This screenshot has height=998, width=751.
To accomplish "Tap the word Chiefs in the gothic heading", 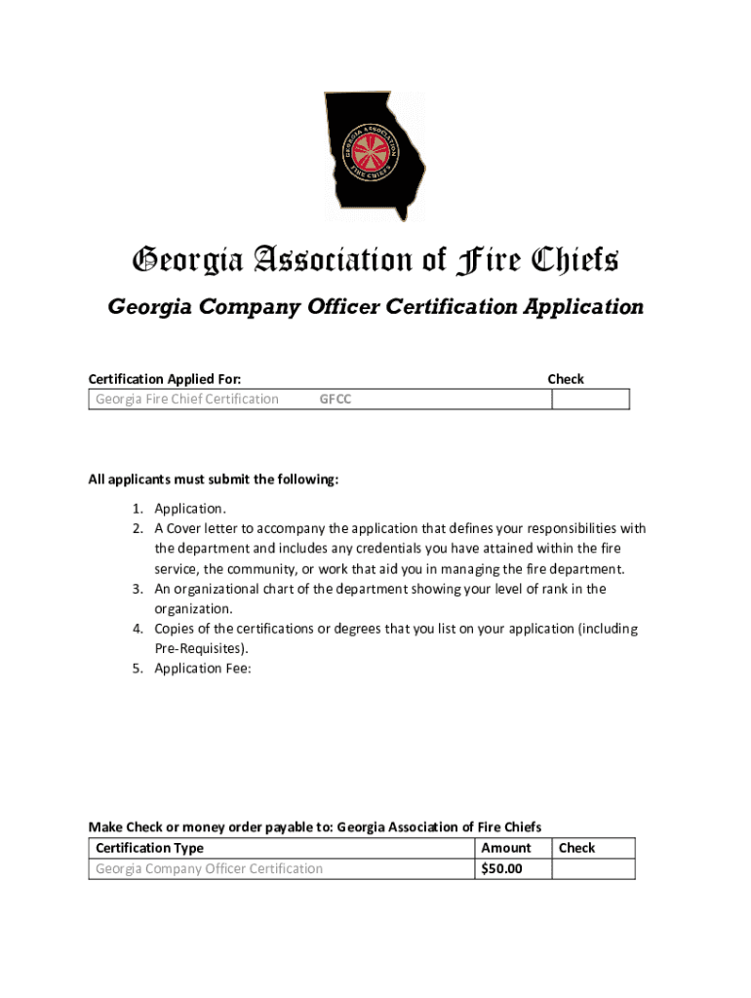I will point(574,261).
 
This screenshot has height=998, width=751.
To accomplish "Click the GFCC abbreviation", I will point(336,400).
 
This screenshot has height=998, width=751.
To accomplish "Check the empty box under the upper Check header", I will point(590,400).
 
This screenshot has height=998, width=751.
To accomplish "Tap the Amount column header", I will point(506,848).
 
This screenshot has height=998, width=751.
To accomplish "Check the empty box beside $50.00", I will point(592,869).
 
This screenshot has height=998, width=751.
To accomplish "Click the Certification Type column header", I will point(149,848).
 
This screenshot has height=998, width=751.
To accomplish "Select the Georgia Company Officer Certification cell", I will point(209,869).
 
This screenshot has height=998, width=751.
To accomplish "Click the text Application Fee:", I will point(203,669).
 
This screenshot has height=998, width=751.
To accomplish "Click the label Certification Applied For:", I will point(165,379).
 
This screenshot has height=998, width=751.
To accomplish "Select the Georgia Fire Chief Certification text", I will point(186,400).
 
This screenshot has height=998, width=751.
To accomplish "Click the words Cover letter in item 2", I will point(204,529).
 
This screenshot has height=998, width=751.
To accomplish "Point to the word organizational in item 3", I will point(219,589).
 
